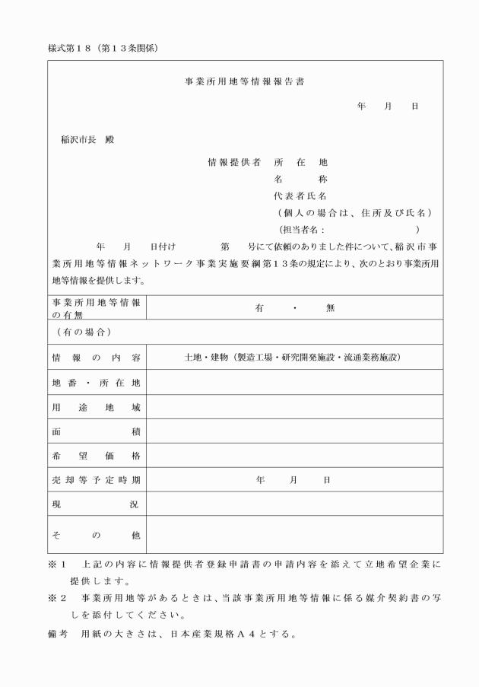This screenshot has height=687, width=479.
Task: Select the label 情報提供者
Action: point(234,162)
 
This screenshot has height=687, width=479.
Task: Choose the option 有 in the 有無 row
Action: point(259,308)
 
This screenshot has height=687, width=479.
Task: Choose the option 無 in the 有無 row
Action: point(329,308)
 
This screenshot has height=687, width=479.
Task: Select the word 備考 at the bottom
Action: point(57,633)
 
